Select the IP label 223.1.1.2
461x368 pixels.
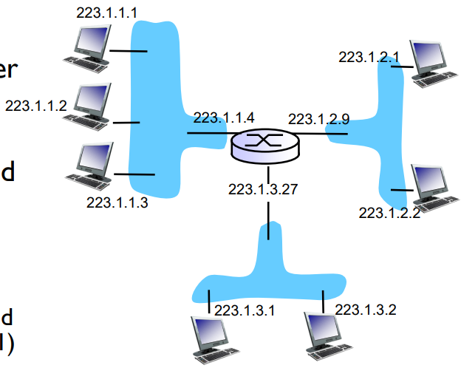(35, 105)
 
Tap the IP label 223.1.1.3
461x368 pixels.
(117, 202)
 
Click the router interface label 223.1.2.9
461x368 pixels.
(318, 118)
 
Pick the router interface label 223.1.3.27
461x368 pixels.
(263, 189)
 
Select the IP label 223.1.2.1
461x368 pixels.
(369, 56)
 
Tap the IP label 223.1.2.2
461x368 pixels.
(389, 213)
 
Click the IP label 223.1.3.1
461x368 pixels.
(245, 310)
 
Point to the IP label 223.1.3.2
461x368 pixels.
(366, 310)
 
